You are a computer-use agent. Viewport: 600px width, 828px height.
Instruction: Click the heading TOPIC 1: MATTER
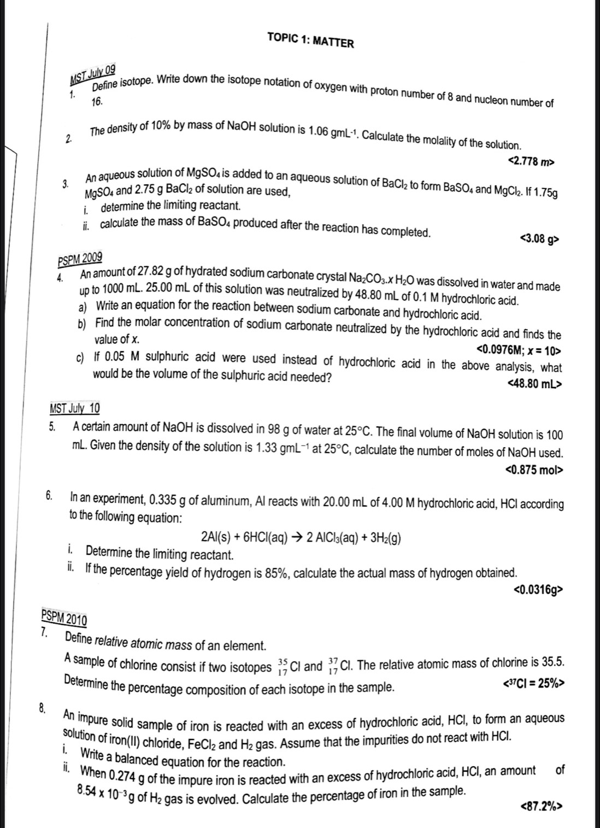310,40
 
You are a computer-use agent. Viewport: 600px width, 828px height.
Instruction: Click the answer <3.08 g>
540,239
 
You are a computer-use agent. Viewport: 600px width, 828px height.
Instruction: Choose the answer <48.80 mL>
534,384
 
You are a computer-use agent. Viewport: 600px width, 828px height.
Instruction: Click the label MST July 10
75,408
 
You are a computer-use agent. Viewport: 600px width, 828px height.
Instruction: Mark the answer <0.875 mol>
533,469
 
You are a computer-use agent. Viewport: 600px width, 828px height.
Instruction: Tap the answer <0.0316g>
538,590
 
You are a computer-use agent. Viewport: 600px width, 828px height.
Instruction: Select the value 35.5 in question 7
552,662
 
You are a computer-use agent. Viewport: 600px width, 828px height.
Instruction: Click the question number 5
52,427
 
